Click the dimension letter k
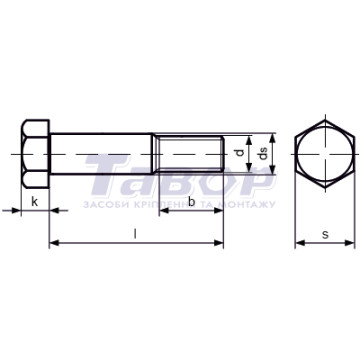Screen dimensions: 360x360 click(x=35, y=202)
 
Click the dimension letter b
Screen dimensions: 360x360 click(x=192, y=201)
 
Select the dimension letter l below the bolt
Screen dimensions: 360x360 click(x=135, y=234)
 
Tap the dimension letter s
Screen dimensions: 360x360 click(x=325, y=235)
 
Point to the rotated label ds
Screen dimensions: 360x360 click(x=263, y=154)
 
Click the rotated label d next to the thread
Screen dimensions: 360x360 click(x=239, y=153)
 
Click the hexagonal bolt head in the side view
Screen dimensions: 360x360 click(x=35, y=154)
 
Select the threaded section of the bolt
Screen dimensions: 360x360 click(x=190, y=154)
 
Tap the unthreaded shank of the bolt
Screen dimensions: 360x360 click(x=102, y=154)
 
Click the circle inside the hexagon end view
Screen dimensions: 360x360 click(x=325, y=127)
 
